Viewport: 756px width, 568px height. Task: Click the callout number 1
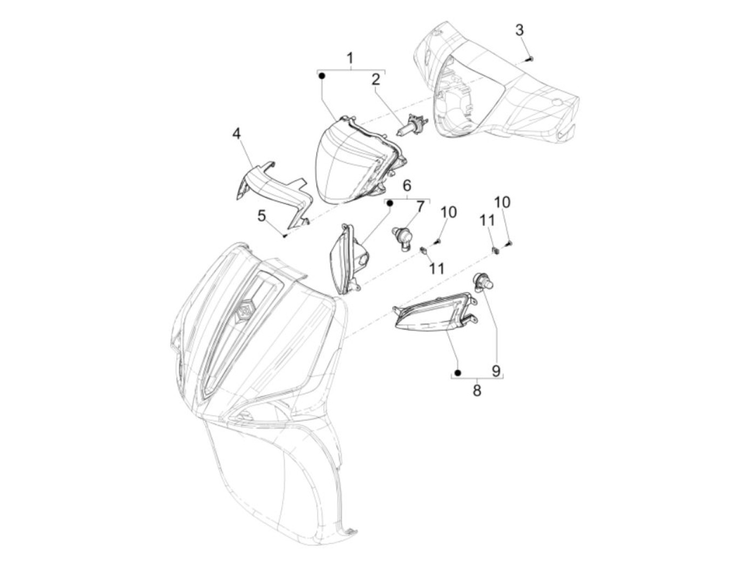point(350,58)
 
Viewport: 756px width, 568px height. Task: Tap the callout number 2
point(376,80)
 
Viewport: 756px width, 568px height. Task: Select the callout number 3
point(519,30)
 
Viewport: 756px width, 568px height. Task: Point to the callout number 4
point(237,134)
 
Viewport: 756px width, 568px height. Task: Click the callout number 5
point(262,216)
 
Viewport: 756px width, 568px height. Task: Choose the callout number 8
point(477,391)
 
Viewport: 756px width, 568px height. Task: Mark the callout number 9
point(496,371)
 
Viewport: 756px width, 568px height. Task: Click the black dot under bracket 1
point(321,76)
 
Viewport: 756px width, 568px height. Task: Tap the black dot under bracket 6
point(389,204)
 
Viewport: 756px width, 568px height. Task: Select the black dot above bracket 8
point(457,373)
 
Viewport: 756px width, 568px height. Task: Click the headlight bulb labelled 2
point(411,125)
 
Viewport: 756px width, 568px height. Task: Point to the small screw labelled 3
point(530,59)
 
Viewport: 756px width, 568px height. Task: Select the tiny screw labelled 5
point(285,235)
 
